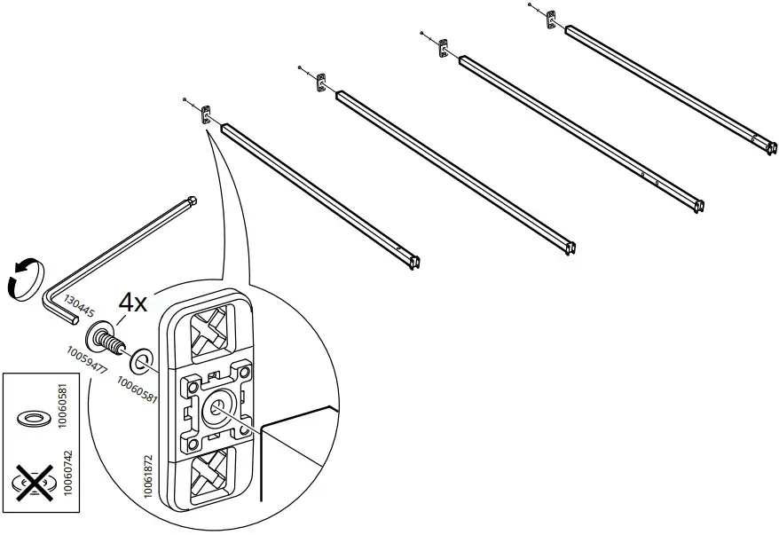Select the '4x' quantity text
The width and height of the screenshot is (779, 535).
point(132,303)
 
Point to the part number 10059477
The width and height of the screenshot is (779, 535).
point(86,360)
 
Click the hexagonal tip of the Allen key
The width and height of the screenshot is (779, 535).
point(192,201)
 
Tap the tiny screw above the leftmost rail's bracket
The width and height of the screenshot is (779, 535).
point(184,99)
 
